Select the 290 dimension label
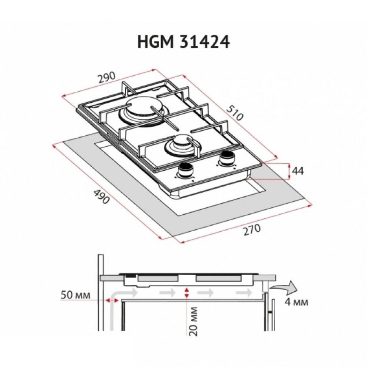(107, 78)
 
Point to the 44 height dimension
(299, 171)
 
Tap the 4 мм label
(296, 302)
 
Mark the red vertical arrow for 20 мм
(187, 293)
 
